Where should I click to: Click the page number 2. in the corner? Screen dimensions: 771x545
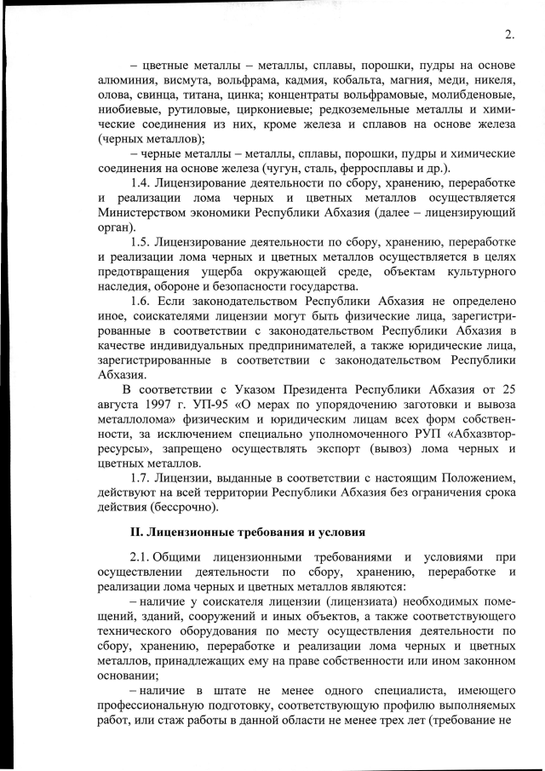click(x=509, y=35)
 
